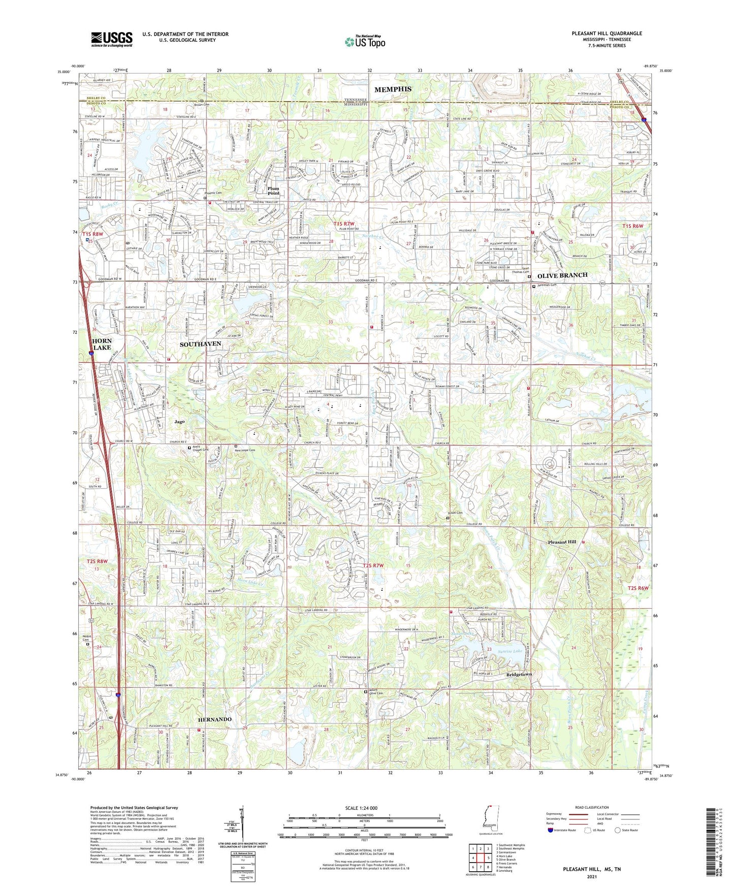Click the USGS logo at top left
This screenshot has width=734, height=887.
pos(112,39)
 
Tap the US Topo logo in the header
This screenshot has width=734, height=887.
pos(365,42)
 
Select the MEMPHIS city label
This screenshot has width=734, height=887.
pos(393,89)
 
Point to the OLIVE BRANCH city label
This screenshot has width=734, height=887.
pos(562,275)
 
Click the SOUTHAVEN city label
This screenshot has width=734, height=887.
pos(200,344)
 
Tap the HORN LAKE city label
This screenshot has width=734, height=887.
pos(102,344)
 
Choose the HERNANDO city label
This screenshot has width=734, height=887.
pos(215,719)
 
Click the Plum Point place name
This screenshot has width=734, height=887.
pos(273,191)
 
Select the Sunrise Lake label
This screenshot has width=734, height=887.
pos(509,651)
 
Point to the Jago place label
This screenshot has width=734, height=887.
pos(179,421)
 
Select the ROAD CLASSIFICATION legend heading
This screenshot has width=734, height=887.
pos(592,807)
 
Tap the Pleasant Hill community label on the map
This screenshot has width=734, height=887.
pos(562,542)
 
